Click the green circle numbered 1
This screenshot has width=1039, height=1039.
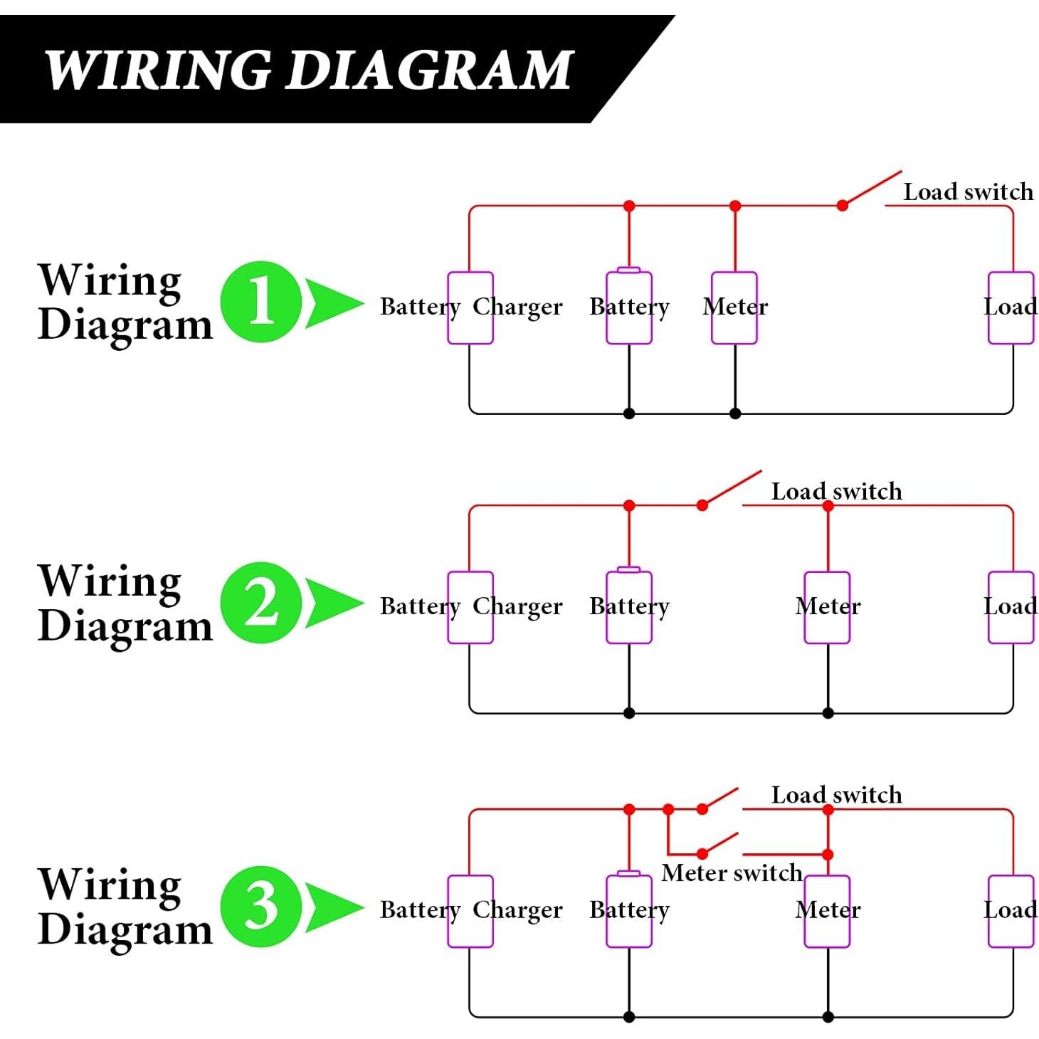coord(261,302)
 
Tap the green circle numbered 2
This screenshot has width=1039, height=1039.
coord(261,602)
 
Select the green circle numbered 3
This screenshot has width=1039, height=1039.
coord(261,906)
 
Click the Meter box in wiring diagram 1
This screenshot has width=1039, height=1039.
coord(734,307)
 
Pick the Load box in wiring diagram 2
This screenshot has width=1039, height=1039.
coord(1011,607)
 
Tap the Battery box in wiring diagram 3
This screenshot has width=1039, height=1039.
coord(629,911)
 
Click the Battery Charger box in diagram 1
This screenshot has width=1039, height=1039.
coord(470,307)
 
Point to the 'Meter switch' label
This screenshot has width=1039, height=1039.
coord(732,872)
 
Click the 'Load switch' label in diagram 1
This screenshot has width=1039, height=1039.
coord(968,191)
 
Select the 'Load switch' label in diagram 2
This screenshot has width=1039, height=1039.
coord(836,491)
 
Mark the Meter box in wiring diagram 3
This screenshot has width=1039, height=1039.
coord(828,911)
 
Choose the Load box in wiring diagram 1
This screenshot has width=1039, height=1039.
coord(1011,307)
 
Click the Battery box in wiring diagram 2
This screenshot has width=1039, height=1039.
coord(629,607)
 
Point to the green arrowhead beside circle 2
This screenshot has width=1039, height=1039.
coord(331,603)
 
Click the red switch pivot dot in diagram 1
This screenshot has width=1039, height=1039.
coord(843,206)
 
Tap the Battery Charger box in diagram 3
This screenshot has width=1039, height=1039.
coord(470,911)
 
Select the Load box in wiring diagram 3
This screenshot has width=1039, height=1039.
coord(1011,911)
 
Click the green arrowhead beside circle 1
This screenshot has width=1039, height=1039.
coord(331,302)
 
